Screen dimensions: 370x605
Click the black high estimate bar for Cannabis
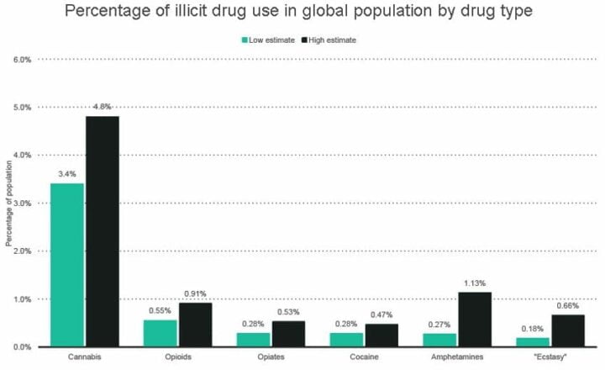tap(102, 231)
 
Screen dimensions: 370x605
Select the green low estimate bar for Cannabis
tap(67, 265)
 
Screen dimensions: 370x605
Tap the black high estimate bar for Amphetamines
tap(472, 320)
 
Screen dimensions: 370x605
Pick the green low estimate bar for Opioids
tap(160, 333)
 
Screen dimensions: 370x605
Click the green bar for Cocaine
tap(345, 340)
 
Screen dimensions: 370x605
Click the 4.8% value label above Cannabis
tap(102, 107)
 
